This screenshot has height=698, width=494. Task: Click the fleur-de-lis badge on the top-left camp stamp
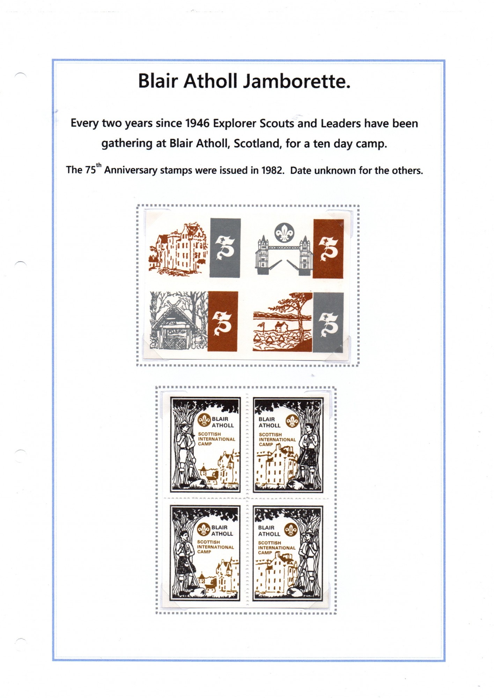coord(204,420)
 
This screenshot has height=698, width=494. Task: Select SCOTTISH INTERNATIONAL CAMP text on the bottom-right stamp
coord(277,548)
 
